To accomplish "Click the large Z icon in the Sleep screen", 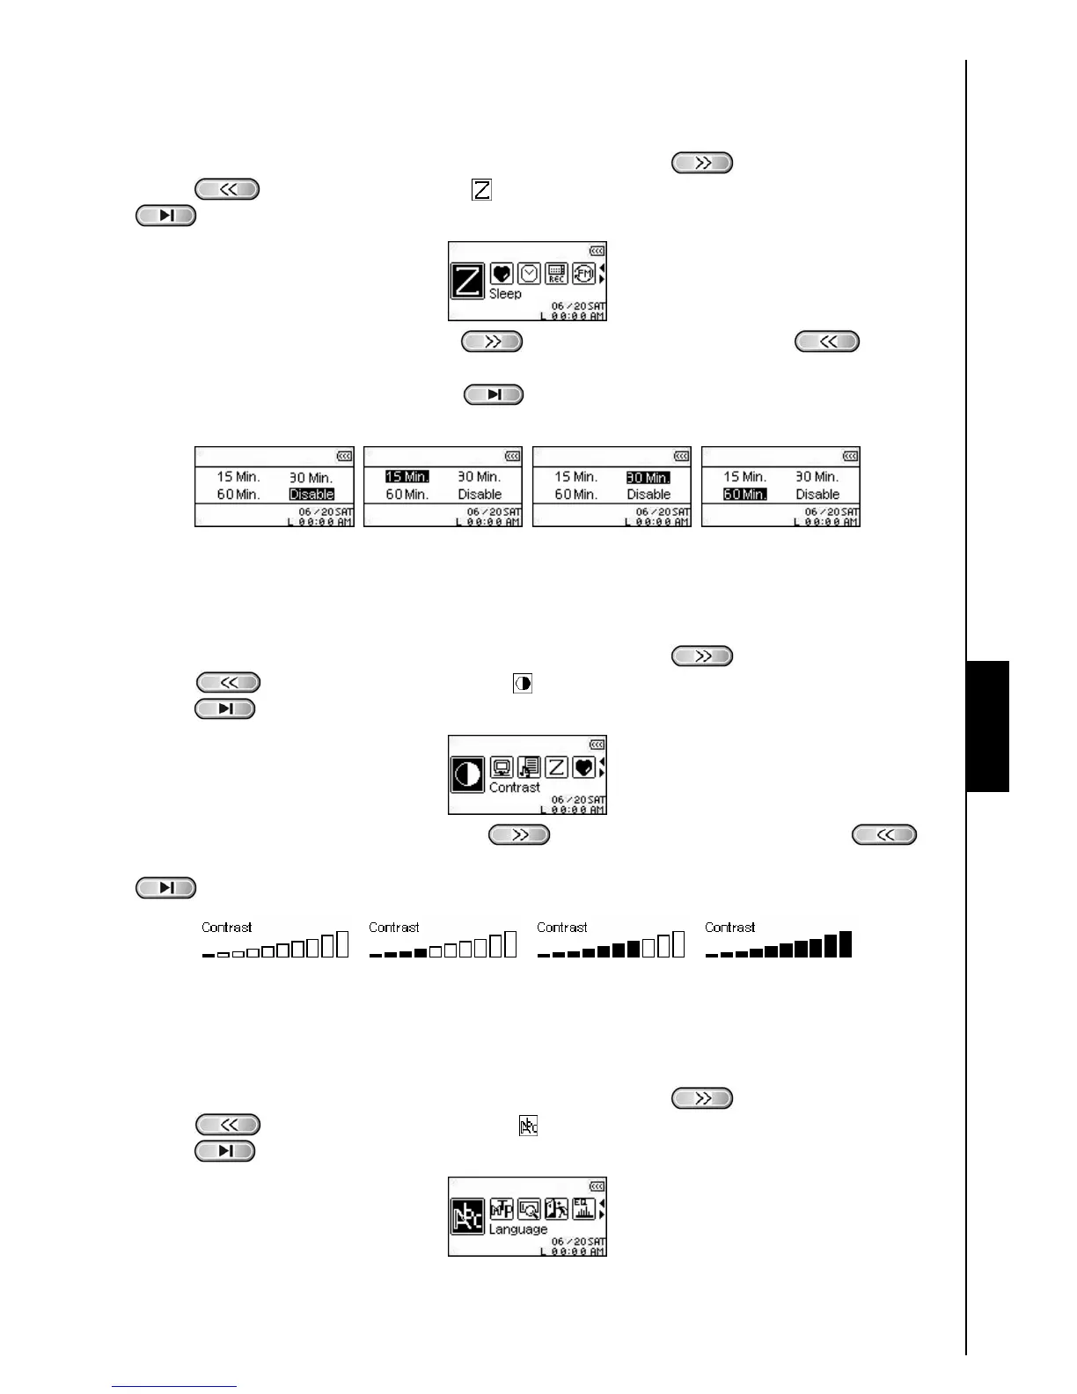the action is [467, 281].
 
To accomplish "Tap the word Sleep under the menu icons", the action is [505, 294].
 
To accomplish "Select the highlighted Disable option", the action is [311, 495].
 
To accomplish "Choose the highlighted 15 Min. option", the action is [407, 477].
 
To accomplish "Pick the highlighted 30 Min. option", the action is [648, 478].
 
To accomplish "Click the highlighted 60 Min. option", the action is [744, 495].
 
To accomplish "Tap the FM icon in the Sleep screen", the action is [583, 274].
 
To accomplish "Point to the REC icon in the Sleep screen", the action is [556, 274].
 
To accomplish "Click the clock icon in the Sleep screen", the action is [529, 274].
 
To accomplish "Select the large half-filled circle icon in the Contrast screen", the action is [467, 774].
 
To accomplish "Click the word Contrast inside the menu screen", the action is [515, 788].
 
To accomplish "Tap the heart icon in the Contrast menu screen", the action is [583, 767].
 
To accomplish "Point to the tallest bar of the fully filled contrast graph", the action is [845, 943].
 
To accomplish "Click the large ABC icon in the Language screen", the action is [467, 1216].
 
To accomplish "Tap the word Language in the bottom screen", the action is [518, 1229].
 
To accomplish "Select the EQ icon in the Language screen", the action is [583, 1208].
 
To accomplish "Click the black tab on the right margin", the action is [988, 726].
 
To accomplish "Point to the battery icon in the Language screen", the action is [597, 1187].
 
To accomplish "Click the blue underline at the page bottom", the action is [174, 1387].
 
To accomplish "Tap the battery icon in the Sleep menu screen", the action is [597, 252].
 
